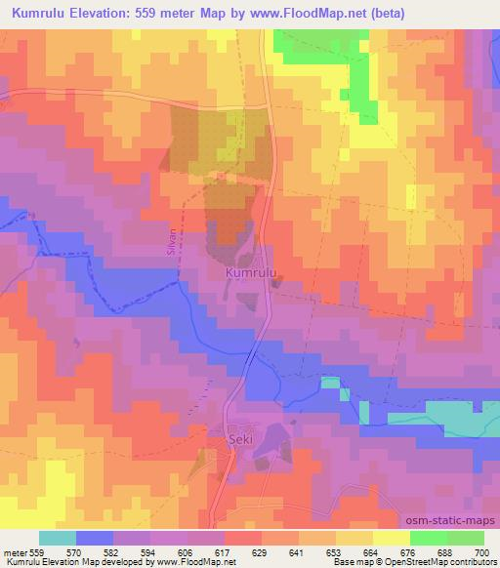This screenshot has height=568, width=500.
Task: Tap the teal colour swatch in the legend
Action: coord(58,538)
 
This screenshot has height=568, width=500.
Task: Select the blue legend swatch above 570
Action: coord(94,538)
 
